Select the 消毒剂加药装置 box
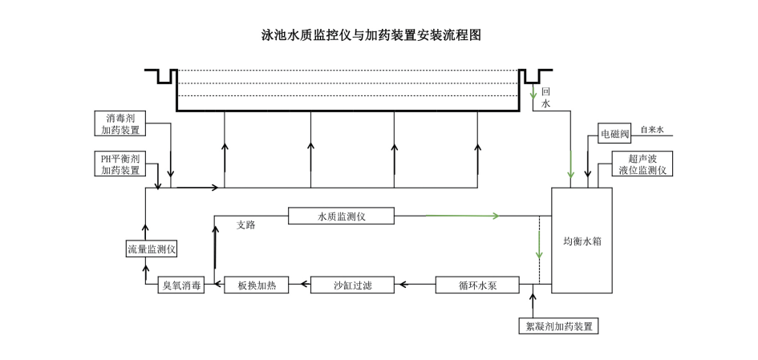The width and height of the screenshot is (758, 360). [x=120, y=123]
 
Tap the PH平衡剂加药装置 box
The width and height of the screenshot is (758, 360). [x=120, y=164]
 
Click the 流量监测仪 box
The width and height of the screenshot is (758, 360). [x=152, y=249]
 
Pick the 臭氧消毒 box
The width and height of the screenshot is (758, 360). [x=181, y=285]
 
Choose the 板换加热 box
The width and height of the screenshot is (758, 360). [x=256, y=285]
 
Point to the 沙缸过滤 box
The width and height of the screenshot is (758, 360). [x=353, y=285]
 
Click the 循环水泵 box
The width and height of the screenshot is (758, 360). [x=477, y=285]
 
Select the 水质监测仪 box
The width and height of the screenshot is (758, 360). [x=342, y=216]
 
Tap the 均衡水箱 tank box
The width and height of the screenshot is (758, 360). [x=582, y=241]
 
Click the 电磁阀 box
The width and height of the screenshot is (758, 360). [x=615, y=135]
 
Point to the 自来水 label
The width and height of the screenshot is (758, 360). [x=652, y=129]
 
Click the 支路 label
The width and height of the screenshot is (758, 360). [x=245, y=225]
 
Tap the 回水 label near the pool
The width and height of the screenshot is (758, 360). [x=545, y=98]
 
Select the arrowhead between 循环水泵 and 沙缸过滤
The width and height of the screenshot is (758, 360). [x=403, y=285]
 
